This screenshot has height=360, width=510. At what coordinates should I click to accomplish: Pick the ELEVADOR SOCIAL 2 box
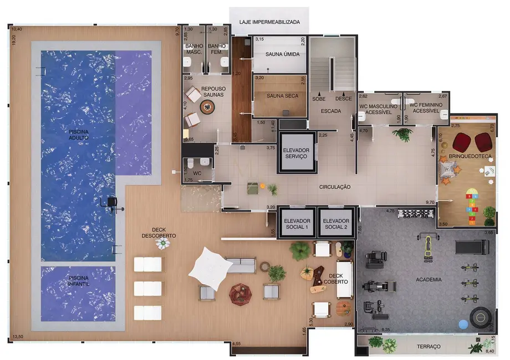335,223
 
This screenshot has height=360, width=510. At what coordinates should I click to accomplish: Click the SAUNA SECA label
282,96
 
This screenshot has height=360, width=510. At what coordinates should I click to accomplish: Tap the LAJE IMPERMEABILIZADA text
269,23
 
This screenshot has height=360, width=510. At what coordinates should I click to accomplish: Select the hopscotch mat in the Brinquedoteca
472,207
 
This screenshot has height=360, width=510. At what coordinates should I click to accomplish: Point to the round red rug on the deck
240,293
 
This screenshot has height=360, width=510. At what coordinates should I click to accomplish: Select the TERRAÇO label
429,346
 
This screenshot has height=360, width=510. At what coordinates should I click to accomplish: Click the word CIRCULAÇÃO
334,187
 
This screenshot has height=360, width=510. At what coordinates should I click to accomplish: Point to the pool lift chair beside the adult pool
113,203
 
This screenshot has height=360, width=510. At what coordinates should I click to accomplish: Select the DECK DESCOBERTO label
159,233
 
